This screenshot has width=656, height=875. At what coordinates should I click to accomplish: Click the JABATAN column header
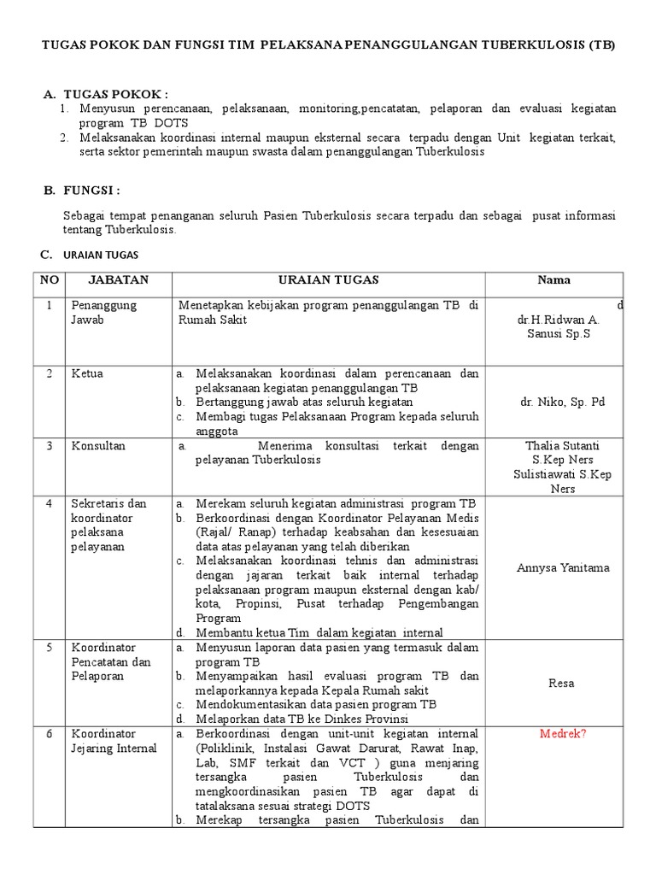[119, 280]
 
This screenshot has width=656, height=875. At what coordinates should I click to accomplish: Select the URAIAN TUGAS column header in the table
[329, 280]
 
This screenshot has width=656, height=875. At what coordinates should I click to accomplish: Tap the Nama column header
[553, 280]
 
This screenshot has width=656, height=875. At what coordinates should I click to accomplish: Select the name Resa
[562, 683]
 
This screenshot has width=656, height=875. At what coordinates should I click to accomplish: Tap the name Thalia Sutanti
[561, 446]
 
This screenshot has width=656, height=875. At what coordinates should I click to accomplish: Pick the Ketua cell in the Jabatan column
[87, 374]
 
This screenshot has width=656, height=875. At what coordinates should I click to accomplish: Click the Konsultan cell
[98, 446]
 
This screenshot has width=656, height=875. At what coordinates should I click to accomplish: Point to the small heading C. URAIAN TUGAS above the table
[94, 255]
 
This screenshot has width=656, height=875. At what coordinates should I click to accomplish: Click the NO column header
[50, 280]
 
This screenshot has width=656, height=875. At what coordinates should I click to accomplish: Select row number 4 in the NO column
[50, 503]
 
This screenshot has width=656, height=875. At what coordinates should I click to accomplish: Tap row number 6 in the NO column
[50, 734]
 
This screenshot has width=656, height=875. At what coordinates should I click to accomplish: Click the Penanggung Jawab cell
[103, 312]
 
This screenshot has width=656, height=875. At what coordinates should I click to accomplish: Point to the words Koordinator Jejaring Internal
[114, 742]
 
